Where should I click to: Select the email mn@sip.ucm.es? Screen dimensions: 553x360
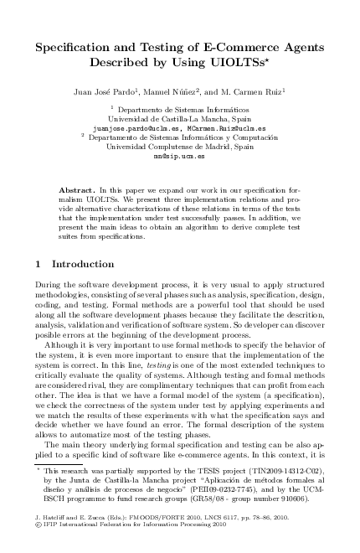179,156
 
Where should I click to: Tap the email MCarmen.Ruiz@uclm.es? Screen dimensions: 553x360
214,129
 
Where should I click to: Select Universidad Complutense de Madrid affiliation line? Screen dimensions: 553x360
179,147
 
